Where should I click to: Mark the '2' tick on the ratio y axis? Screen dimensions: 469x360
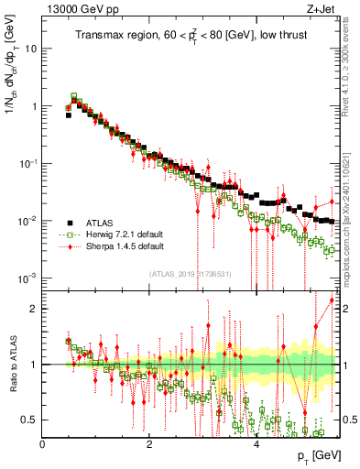click(x=34, y=309)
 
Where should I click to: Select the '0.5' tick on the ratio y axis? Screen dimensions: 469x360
click(x=29, y=420)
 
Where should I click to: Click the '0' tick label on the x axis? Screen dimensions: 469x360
click(x=42, y=444)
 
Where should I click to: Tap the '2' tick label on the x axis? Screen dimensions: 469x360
click(x=149, y=444)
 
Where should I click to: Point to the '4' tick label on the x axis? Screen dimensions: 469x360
click(x=256, y=444)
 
